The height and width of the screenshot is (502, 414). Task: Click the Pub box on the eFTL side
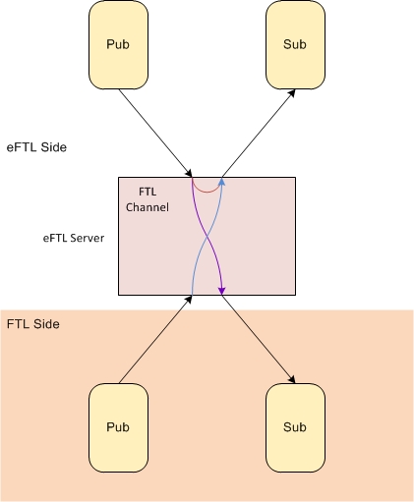118,45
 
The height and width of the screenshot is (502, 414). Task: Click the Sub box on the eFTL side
295,45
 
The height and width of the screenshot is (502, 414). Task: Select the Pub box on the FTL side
118,427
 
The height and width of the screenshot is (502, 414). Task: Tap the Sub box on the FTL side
295,427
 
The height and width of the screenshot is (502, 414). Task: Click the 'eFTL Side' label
36,147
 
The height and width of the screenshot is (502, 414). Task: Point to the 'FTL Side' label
33,324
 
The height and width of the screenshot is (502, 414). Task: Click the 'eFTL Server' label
74,238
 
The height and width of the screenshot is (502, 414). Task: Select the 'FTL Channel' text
148,199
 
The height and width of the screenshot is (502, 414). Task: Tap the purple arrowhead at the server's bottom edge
222,291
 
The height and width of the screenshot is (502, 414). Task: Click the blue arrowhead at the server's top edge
222,182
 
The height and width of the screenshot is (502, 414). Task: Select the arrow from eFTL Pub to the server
155,134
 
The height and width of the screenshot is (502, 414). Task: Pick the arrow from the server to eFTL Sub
259,134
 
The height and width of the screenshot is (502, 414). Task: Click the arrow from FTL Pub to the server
155,339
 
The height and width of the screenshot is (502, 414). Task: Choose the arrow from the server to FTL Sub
259,339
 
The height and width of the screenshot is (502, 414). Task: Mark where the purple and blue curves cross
207,237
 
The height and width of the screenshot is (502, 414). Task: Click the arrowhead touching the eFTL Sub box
292,93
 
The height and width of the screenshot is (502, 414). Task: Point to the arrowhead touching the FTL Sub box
292,379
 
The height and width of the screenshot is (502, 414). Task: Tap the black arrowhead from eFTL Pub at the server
189,174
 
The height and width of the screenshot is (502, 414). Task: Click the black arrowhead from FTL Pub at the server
189,299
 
